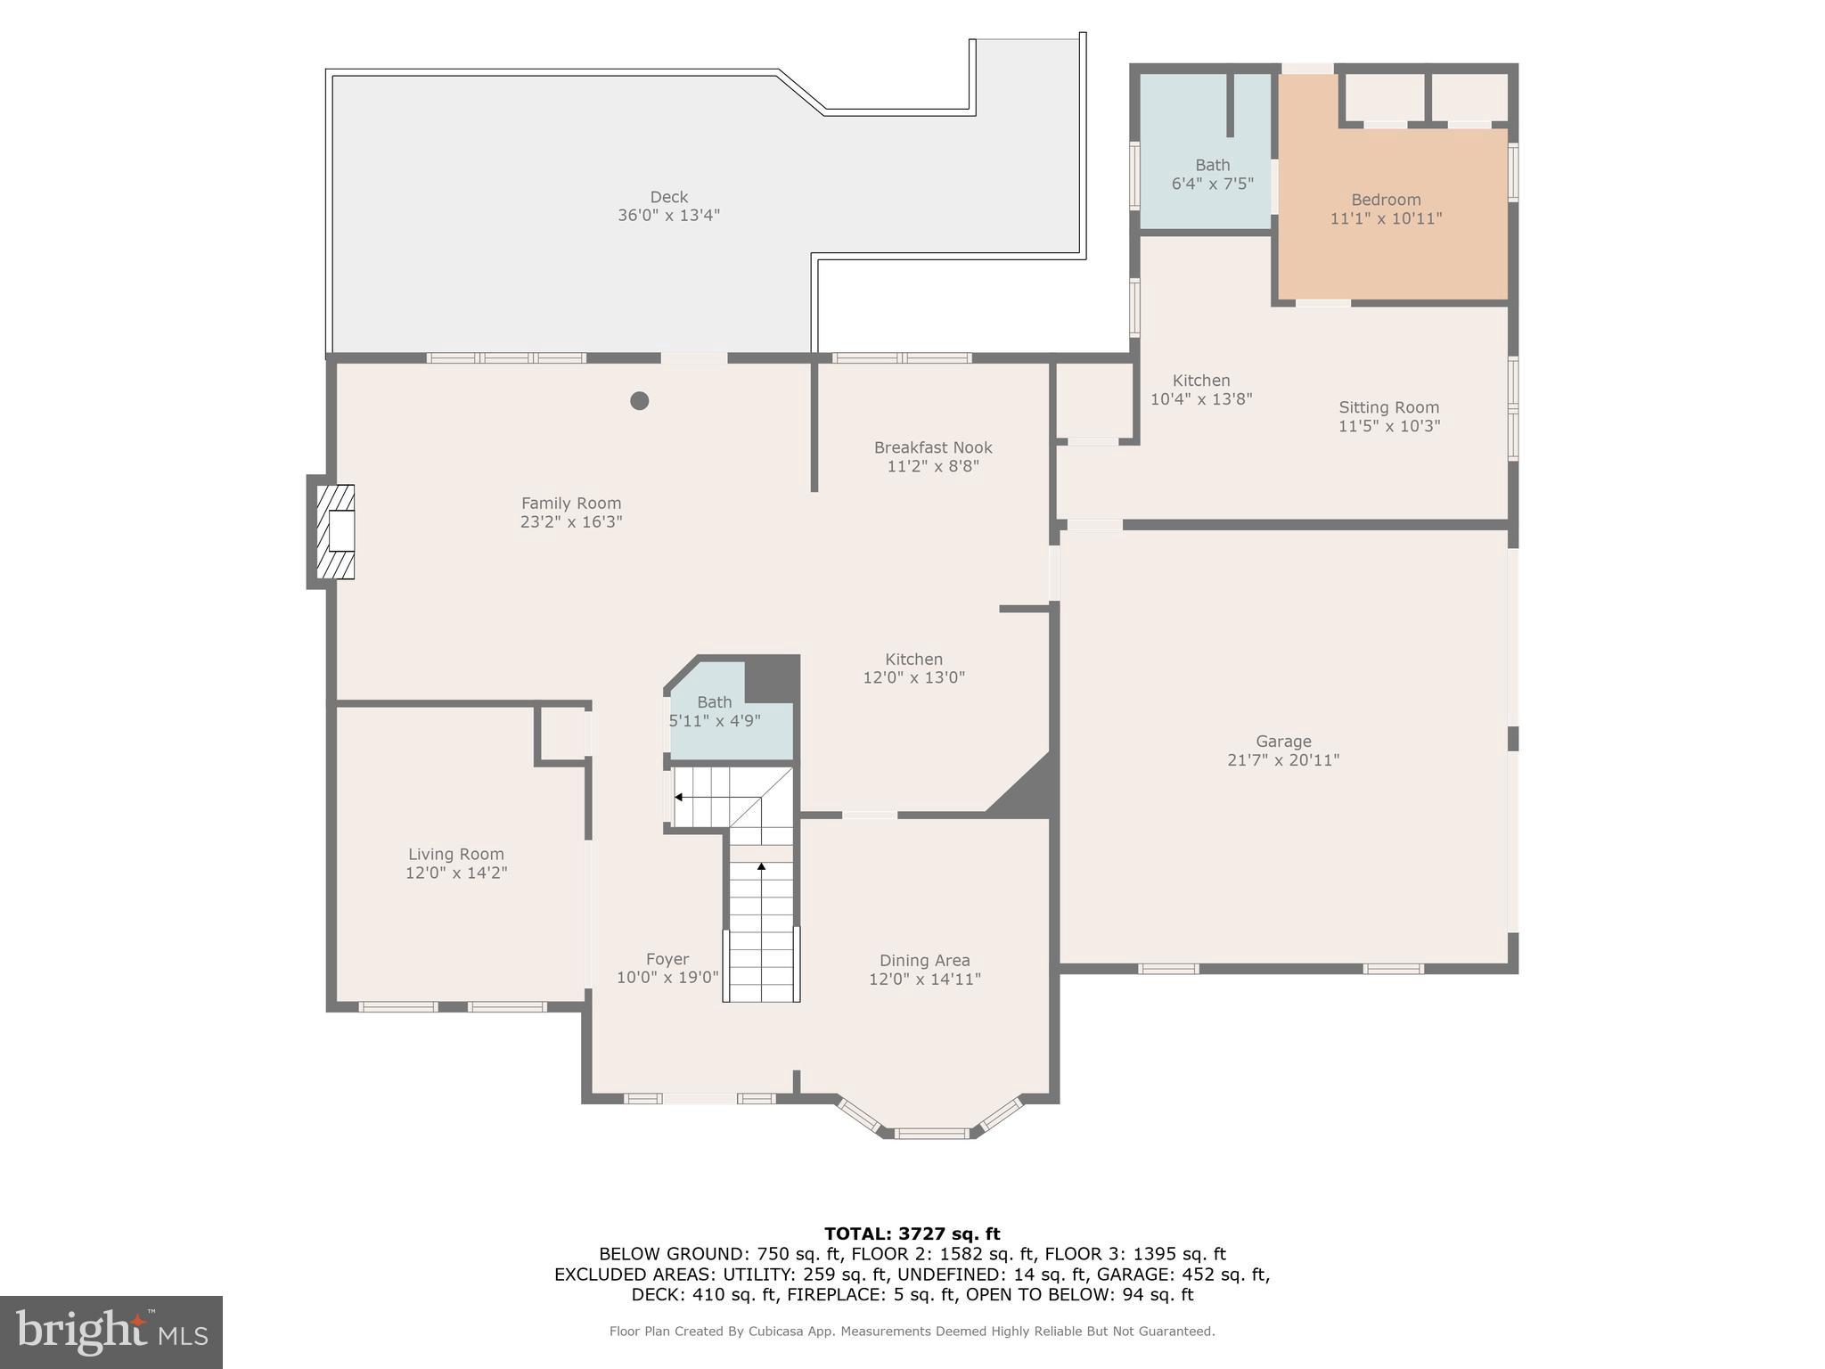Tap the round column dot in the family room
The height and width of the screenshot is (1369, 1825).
pyautogui.click(x=639, y=401)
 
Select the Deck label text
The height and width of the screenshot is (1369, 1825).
pyautogui.click(x=668, y=197)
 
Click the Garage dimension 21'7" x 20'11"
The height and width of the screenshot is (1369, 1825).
pyautogui.click(x=1283, y=760)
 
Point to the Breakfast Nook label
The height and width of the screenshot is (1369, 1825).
pyautogui.click(x=932, y=447)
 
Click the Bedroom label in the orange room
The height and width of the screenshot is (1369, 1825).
pyautogui.click(x=1386, y=200)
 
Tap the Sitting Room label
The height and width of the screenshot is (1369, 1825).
pyautogui.click(x=1388, y=407)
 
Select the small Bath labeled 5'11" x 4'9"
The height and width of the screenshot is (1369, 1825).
pyautogui.click(x=714, y=711)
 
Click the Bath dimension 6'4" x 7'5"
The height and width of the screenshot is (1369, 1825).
pyautogui.click(x=1212, y=184)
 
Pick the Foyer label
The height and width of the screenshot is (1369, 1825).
pyautogui.click(x=667, y=959)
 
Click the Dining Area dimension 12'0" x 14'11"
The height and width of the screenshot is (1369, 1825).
pyautogui.click(x=924, y=979)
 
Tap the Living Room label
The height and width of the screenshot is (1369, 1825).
pyautogui.click(x=455, y=854)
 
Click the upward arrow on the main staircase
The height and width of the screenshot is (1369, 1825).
pyautogui.click(x=761, y=865)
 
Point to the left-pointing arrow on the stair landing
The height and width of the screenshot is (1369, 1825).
pyautogui.click(x=679, y=797)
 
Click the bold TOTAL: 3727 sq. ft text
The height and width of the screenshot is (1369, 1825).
pyautogui.click(x=912, y=1234)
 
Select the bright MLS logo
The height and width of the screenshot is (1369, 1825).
pyautogui.click(x=111, y=1332)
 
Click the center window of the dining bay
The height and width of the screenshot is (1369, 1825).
pyautogui.click(x=931, y=1133)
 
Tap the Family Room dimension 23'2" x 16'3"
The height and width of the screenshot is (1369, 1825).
pyautogui.click(x=570, y=522)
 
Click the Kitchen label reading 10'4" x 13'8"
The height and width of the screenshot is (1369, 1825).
pyautogui.click(x=1200, y=399)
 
